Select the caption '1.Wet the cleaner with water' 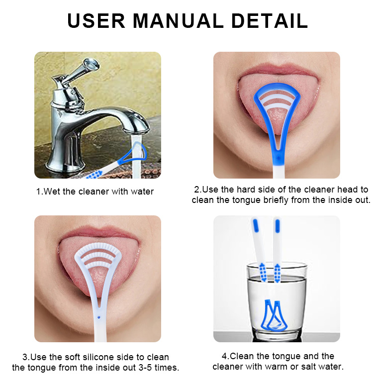(x=95, y=192)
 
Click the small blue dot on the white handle (x=100, y=316)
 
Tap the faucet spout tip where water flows (x=141, y=128)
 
